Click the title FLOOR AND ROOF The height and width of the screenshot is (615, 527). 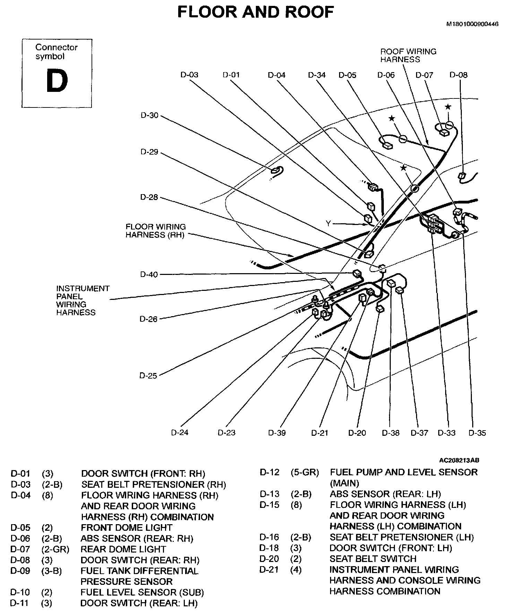256,12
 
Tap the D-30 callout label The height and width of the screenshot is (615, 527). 149,115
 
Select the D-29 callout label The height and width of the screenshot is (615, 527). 149,152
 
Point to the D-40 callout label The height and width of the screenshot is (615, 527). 149,275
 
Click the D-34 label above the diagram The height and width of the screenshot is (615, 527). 317,75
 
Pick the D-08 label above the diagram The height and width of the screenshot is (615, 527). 458,75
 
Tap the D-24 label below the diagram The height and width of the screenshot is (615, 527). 180,433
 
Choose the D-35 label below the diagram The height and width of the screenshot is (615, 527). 477,433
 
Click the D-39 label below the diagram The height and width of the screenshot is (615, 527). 277,433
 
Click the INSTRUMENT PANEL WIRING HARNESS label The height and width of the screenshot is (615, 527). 83,300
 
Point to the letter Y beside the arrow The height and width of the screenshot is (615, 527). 328,224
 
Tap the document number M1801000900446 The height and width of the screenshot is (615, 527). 472,24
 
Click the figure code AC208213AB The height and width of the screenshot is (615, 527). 459,460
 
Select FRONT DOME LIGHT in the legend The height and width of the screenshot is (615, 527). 127,528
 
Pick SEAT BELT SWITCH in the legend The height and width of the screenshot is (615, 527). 373,559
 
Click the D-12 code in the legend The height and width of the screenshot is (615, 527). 269,473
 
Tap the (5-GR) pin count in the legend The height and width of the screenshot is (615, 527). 305,473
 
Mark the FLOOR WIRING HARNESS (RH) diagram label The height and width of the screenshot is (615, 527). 156,231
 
